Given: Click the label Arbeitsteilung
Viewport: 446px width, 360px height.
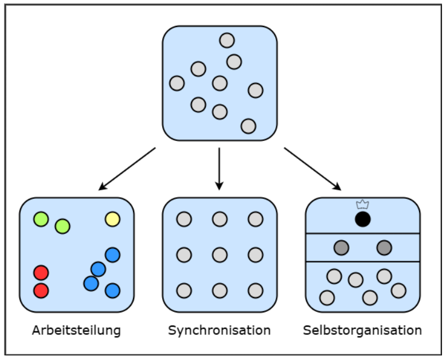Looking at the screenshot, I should (76, 331).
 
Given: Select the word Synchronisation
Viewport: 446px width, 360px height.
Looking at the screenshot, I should (220, 331).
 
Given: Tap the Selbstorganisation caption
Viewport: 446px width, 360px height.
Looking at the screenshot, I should (362, 331).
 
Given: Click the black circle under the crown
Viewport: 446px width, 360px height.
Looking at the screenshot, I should (362, 219).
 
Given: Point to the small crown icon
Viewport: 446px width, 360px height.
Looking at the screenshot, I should (362, 204).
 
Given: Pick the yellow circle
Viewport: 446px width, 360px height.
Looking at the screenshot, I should (112, 219).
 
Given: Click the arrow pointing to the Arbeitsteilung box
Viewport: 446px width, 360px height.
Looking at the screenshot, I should (127, 169).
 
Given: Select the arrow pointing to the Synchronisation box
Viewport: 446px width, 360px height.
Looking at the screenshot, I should (220, 169).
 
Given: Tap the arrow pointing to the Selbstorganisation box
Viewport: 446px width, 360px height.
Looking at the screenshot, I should (312, 169).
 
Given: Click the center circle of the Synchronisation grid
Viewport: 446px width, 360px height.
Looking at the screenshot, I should (220, 255).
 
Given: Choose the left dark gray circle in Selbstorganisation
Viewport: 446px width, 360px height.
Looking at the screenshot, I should (341, 248).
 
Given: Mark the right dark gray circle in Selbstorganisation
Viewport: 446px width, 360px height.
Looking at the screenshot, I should (384, 248).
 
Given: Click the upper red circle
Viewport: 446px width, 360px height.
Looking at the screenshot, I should (41, 273).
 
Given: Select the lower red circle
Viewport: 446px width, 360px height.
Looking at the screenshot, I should (41, 291).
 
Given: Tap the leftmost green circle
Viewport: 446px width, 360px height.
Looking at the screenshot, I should (41, 219).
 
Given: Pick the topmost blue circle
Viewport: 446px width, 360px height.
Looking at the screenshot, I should (112, 255).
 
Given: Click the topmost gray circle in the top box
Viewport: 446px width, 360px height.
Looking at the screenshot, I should (227, 40).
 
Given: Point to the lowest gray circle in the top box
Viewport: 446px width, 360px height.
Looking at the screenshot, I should (248, 126).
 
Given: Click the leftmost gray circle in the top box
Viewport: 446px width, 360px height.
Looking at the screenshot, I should (177, 83).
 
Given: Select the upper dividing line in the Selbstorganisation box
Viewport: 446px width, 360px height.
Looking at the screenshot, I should (362, 234).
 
